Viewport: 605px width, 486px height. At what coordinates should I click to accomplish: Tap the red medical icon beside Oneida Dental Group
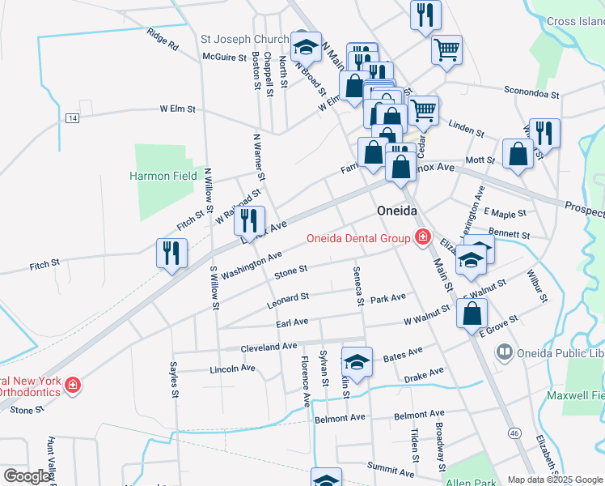[x=421, y=237]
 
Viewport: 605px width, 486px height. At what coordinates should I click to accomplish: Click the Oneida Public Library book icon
[x=504, y=352]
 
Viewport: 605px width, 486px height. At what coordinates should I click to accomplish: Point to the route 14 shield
[x=73, y=118]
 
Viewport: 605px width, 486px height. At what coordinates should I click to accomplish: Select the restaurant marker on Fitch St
[x=170, y=253]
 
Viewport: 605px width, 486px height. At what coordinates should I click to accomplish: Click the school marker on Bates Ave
[x=357, y=361]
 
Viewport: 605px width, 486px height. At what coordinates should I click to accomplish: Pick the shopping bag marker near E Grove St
[x=472, y=313]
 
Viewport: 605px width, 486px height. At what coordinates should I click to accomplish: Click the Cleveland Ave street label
[x=269, y=347]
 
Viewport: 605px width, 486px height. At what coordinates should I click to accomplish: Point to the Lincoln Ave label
[x=232, y=368]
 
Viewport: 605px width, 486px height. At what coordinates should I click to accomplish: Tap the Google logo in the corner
[x=27, y=476]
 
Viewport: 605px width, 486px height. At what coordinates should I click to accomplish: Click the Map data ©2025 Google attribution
[x=555, y=480]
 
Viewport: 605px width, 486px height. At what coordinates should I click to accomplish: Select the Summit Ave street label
[x=391, y=467]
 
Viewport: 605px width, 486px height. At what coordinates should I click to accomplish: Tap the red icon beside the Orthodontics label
[x=73, y=384]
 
